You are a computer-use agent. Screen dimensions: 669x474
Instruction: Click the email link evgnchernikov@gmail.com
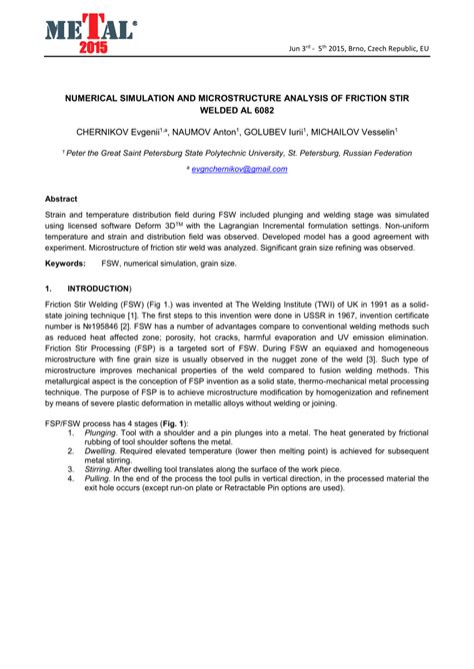(x=239, y=170)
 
